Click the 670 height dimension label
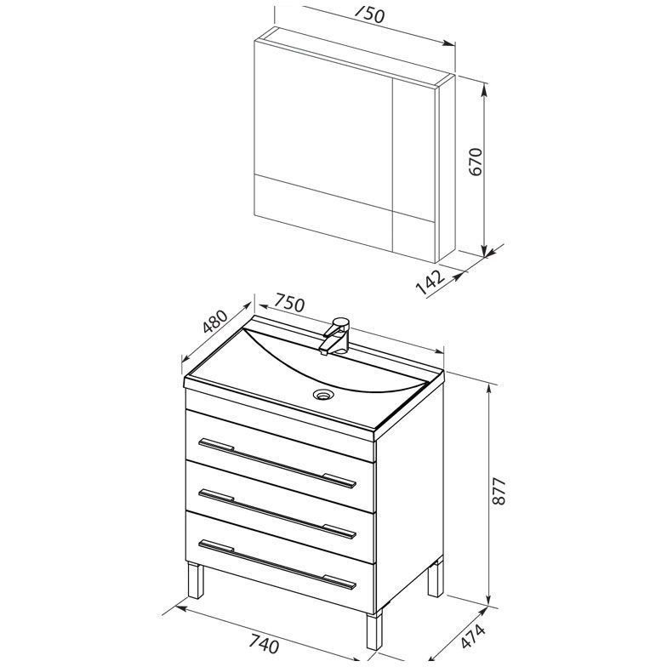pyautogui.click(x=476, y=162)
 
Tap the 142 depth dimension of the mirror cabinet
pyautogui.click(x=430, y=281)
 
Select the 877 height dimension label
pyautogui.click(x=499, y=491)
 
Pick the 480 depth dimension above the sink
pyautogui.click(x=216, y=322)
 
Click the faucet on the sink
pyautogui.click(x=336, y=335)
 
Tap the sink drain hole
pyautogui.click(x=323, y=395)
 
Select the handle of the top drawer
pyautogui.click(x=277, y=463)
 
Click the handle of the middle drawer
pyautogui.click(x=277, y=514)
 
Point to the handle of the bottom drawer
pyautogui.click(x=277, y=564)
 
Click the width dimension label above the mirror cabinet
pyautogui.click(x=369, y=15)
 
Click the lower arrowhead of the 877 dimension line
pyautogui.click(x=490, y=597)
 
